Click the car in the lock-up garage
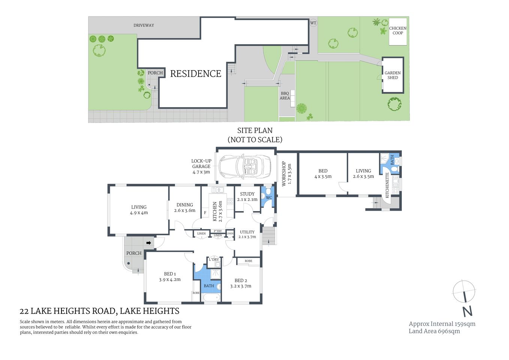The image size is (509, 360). (x=245, y=166)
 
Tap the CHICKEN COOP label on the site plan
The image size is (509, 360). (x=398, y=31)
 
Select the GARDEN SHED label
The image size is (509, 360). (x=392, y=75)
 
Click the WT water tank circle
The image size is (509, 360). (x=313, y=23)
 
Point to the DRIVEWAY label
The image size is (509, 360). (x=144, y=25)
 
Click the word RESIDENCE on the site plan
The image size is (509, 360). (x=196, y=74)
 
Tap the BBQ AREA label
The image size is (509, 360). (x=285, y=96)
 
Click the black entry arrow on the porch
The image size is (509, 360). (x=149, y=243)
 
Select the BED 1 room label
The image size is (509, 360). (x=170, y=274)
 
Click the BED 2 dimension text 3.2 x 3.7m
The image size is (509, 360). (x=241, y=286)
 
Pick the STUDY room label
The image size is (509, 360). (x=247, y=194)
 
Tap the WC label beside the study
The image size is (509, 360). (x=269, y=198)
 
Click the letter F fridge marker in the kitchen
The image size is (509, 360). (x=205, y=213)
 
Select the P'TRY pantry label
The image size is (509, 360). (x=218, y=231)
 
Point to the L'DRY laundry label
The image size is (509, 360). (x=214, y=259)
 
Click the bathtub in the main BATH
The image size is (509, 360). (x=211, y=298)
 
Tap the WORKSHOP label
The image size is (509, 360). (x=284, y=174)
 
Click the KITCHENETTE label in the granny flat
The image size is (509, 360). (x=387, y=185)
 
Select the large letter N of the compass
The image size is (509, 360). (x=467, y=311)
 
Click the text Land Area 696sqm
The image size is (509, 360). (x=434, y=331)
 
